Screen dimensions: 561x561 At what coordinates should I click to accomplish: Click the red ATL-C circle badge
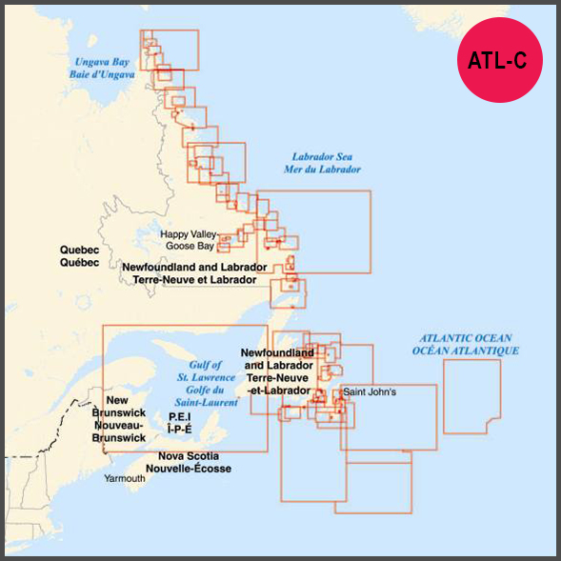[x=497, y=60]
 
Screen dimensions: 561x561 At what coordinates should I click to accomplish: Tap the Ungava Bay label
[x=102, y=62]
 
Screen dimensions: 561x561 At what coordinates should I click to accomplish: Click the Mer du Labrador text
[x=329, y=169]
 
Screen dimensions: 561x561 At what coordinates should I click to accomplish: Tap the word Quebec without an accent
[x=80, y=250]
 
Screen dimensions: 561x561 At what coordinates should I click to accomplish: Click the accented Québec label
[x=80, y=262]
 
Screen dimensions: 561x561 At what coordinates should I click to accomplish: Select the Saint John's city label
[x=375, y=391]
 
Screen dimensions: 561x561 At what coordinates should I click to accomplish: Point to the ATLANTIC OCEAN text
[x=466, y=338]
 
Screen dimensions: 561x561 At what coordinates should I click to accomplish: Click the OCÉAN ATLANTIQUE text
[x=466, y=351]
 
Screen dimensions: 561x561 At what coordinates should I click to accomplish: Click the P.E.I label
[x=179, y=417]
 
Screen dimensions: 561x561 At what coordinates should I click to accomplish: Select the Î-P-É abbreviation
[x=179, y=429]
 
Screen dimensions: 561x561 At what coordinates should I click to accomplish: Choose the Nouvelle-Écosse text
[x=194, y=469]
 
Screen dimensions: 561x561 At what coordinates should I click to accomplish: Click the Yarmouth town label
[x=125, y=478]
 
